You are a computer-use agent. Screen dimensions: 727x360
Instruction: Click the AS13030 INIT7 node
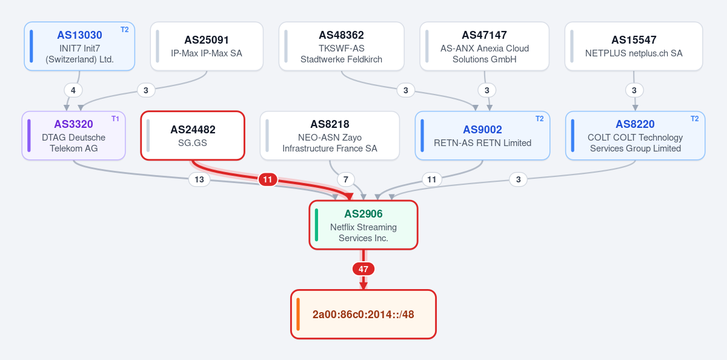pyautogui.click(x=79, y=46)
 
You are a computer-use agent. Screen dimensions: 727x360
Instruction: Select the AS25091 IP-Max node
pyautogui.click(x=207, y=46)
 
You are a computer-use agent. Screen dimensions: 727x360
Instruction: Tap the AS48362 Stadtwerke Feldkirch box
pyautogui.click(x=342, y=46)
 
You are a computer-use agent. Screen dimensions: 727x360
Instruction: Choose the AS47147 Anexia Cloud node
pyautogui.click(x=485, y=46)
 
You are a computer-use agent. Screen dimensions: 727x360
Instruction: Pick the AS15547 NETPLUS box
pyautogui.click(x=634, y=46)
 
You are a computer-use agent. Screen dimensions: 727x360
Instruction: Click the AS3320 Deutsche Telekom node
pyautogui.click(x=74, y=135)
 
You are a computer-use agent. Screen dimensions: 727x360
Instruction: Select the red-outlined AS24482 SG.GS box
pyautogui.click(x=193, y=135)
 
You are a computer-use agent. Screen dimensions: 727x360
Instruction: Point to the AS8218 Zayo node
pyautogui.click(x=330, y=135)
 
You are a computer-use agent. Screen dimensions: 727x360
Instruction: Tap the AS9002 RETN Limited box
pyautogui.click(x=483, y=135)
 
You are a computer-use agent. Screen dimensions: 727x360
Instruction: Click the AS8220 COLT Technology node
pyautogui.click(x=636, y=135)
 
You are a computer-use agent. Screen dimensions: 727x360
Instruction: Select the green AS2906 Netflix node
pyautogui.click(x=363, y=225)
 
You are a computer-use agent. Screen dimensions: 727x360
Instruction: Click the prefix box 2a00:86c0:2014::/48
pyautogui.click(x=363, y=314)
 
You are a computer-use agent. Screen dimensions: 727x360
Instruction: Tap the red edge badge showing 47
pyautogui.click(x=363, y=269)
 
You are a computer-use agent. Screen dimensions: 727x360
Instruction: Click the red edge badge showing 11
pyautogui.click(x=268, y=179)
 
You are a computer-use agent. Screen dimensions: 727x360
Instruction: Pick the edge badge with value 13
pyautogui.click(x=199, y=179)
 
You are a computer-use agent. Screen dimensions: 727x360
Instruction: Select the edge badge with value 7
pyautogui.click(x=346, y=179)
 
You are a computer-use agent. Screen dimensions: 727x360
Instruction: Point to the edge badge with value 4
pyautogui.click(x=73, y=90)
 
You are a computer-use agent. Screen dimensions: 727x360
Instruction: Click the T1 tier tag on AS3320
pyautogui.click(x=115, y=119)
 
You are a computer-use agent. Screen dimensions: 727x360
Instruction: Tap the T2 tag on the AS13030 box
pyautogui.click(x=125, y=30)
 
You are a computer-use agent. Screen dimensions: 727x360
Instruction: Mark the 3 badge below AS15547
pyautogui.click(x=634, y=90)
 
